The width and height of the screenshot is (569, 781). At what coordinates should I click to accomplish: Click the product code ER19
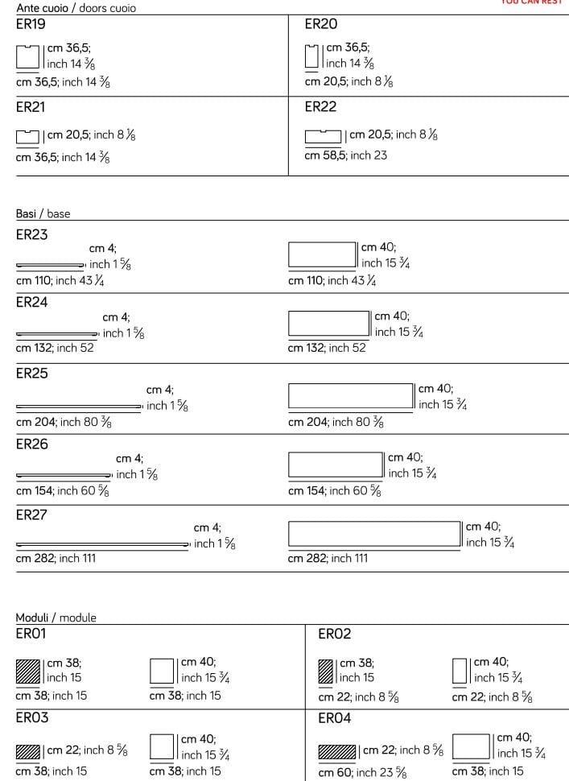click(x=31, y=25)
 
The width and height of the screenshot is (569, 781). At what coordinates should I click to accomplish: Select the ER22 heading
click(x=320, y=106)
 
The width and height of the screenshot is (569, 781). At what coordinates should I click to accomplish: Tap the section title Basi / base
click(x=43, y=213)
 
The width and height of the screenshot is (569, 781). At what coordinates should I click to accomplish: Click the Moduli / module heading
click(x=56, y=618)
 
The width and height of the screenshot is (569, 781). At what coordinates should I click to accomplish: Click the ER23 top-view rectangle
click(x=322, y=254)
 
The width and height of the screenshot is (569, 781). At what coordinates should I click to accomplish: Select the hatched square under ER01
click(x=27, y=671)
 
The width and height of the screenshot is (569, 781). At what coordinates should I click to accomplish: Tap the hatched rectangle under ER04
click(x=337, y=752)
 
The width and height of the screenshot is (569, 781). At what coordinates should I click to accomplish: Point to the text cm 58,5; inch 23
click(x=345, y=155)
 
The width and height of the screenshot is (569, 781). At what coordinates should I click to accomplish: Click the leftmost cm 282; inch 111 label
click(x=56, y=558)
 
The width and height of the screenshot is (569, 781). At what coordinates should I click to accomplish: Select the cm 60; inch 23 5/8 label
click(x=361, y=772)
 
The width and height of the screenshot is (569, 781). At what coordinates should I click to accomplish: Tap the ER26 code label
click(x=32, y=444)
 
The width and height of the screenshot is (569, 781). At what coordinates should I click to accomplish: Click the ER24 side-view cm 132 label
click(x=55, y=348)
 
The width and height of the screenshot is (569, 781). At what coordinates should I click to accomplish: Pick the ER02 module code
click(x=335, y=634)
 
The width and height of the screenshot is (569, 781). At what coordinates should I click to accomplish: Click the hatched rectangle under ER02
click(x=326, y=671)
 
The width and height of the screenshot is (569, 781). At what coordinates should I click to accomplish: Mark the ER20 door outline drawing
click(x=312, y=57)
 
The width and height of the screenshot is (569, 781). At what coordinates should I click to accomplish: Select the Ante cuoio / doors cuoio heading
click(x=76, y=8)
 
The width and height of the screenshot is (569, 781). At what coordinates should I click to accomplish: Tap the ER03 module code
click(x=32, y=717)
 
